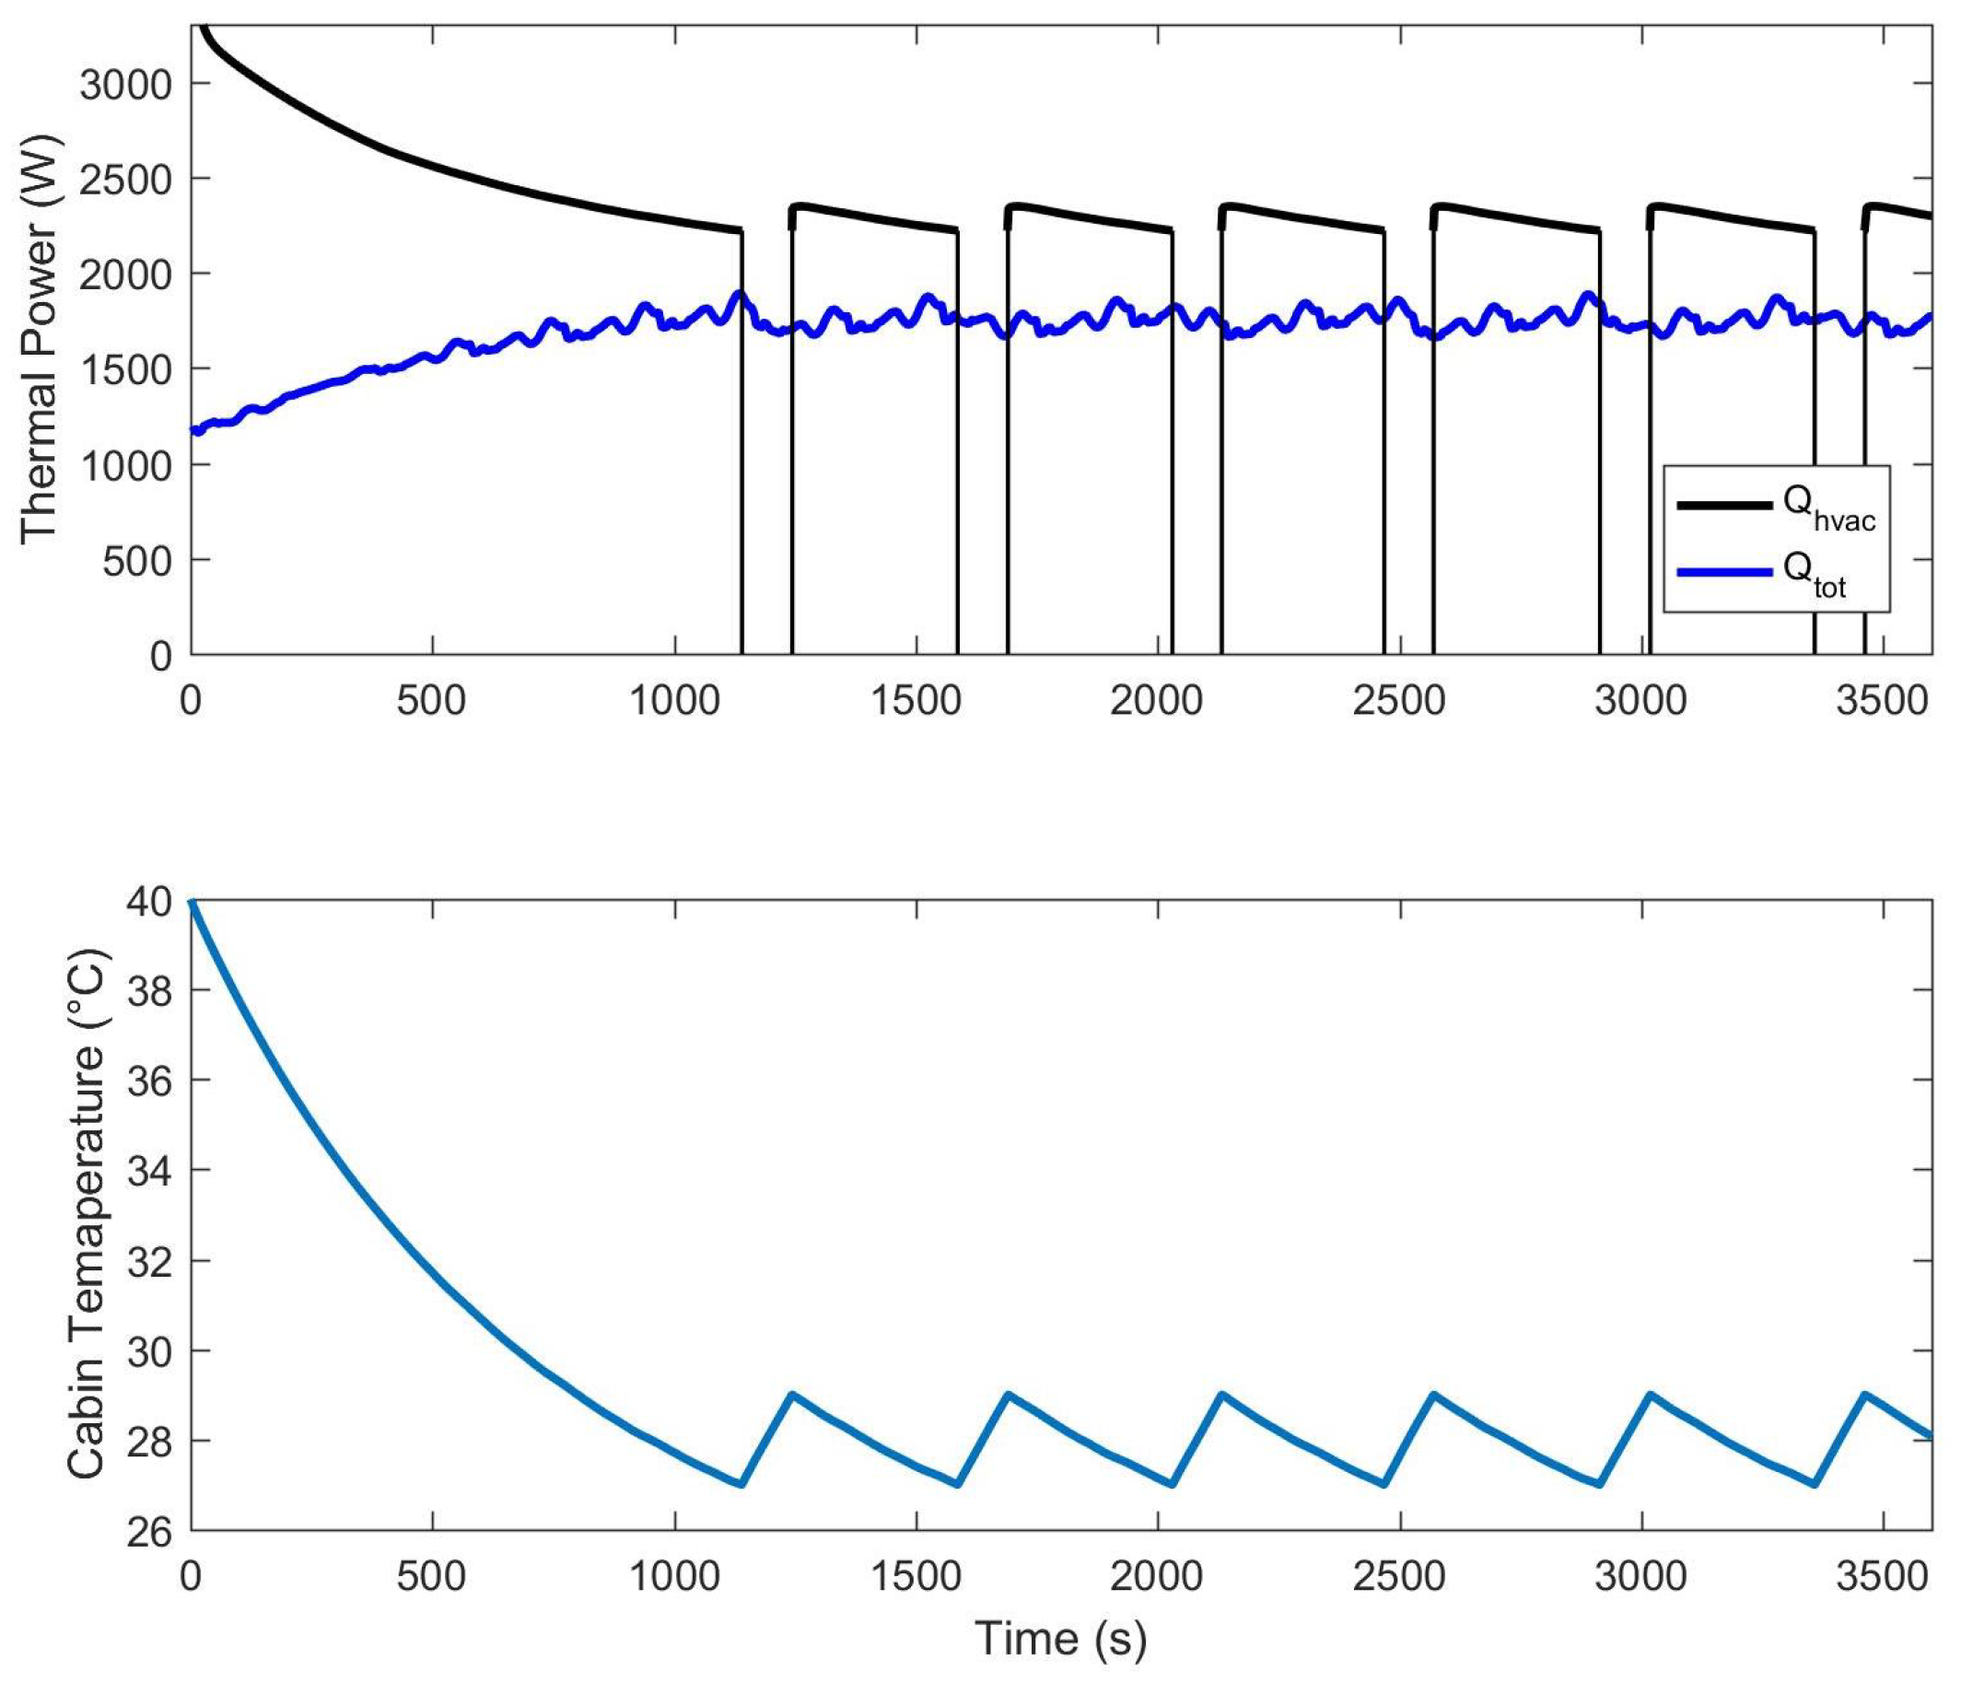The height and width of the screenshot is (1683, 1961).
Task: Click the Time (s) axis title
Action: pyautogui.click(x=1060, y=1639)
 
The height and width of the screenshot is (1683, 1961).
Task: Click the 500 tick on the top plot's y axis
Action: pyautogui.click(x=139, y=560)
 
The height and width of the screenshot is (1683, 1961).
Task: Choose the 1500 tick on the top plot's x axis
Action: pyautogui.click(x=916, y=701)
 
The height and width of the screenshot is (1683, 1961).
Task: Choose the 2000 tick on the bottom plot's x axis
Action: pyautogui.click(x=1157, y=1577)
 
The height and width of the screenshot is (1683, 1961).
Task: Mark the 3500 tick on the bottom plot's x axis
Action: pyautogui.click(x=1882, y=1577)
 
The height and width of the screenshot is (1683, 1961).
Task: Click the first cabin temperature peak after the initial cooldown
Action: pyautogui.click(x=791, y=1395)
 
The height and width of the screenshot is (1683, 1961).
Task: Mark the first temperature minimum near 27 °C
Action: pyautogui.click(x=741, y=1484)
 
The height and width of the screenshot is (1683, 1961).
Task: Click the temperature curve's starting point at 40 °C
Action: pyautogui.click(x=193, y=902)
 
